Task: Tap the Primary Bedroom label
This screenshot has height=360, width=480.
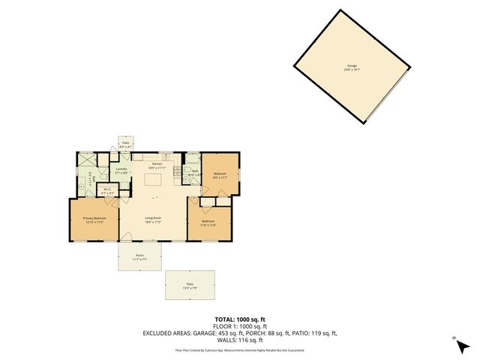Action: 94,219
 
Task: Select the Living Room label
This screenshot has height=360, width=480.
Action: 153,219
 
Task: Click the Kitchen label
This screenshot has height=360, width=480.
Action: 157,164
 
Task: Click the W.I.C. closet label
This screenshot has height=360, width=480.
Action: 107,191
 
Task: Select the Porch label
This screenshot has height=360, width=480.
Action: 139,256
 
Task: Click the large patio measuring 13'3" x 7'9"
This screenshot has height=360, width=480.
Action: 190,285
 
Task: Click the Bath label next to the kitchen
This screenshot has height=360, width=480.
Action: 194,172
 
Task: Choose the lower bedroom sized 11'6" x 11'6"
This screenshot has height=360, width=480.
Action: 208,222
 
